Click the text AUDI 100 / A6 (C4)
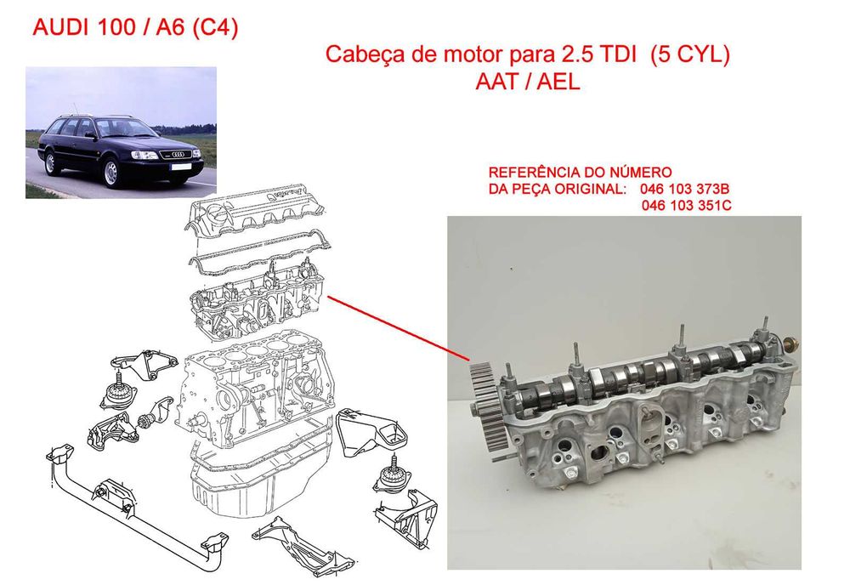click(135, 27)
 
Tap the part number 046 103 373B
click(684, 190)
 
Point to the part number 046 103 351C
click(686, 206)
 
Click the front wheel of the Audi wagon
click(111, 172)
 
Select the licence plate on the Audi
click(181, 167)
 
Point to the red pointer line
click(398, 328)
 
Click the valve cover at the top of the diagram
click(257, 214)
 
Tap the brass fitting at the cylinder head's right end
click(790, 344)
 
